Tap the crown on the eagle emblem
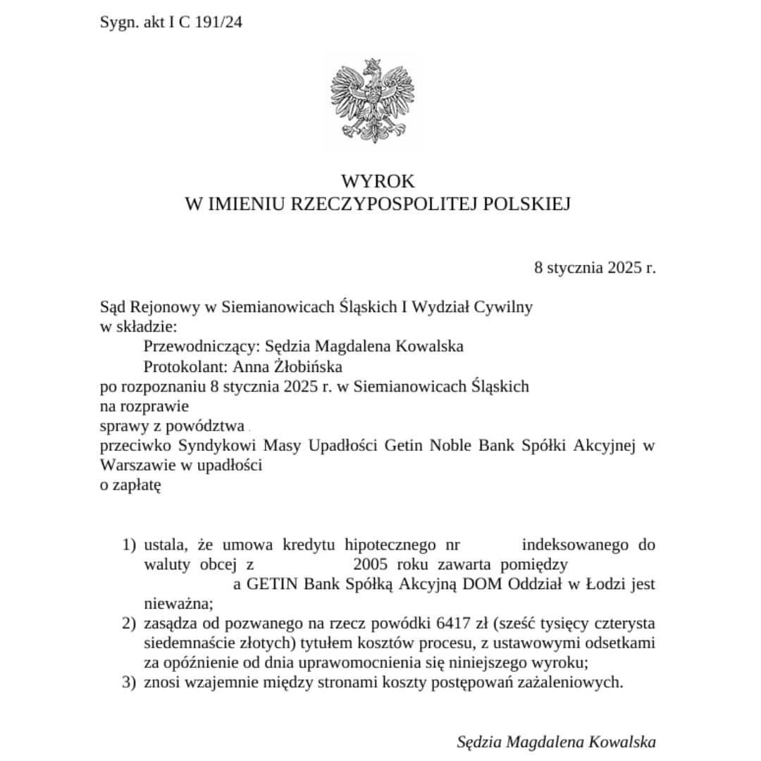pyautogui.click(x=374, y=66)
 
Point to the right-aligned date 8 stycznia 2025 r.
pyautogui.click(x=595, y=268)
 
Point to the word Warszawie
pyautogui.click(x=134, y=465)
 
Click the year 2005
pyautogui.click(x=371, y=564)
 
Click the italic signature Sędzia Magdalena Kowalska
pyautogui.click(x=556, y=742)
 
